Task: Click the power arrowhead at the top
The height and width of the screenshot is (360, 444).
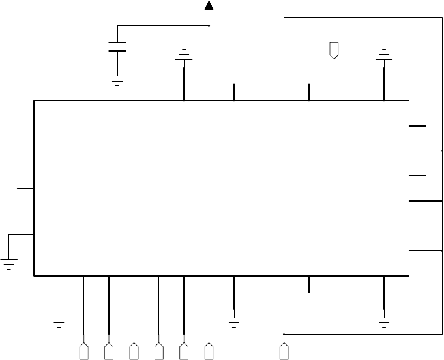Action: click(209, 6)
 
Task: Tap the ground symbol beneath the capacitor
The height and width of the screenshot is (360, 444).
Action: click(117, 81)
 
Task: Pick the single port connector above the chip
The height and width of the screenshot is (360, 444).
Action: click(334, 50)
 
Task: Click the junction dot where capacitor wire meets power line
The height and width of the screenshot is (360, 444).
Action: click(209, 26)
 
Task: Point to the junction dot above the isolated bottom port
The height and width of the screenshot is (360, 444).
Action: click(284, 333)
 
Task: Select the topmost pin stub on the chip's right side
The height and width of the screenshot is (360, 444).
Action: click(418, 125)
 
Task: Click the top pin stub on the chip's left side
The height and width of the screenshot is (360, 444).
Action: click(25, 155)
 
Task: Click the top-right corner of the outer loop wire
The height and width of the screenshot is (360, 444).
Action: click(442, 18)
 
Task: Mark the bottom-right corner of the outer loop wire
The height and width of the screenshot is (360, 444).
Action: click(442, 333)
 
